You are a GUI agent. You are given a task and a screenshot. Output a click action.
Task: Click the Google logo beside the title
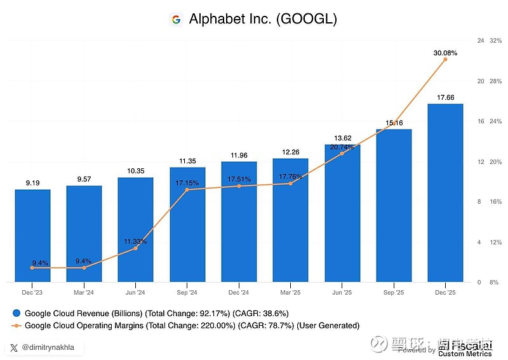[x=176, y=20]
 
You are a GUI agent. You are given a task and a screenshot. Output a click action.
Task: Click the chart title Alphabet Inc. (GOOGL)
[x=263, y=20]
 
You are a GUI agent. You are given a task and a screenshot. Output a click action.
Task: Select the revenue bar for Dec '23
[x=32, y=235]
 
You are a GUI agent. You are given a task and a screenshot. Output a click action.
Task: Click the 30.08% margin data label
[x=445, y=53]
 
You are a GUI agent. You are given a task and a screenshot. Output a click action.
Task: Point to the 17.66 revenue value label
[x=445, y=97]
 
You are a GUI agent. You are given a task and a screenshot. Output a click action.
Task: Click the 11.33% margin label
[x=135, y=241]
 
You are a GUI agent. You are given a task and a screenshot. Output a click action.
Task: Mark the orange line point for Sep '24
[x=187, y=190]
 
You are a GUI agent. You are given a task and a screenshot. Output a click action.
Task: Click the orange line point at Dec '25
[x=445, y=59]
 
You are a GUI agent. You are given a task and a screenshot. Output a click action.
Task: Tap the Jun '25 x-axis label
[x=342, y=293]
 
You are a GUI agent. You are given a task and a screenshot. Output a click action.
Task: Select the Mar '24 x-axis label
[x=84, y=293]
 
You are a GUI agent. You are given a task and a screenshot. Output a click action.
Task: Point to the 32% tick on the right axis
[x=496, y=41]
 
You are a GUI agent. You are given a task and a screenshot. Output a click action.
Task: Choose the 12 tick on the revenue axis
[x=481, y=162]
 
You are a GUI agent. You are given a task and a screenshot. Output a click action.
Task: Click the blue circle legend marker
[x=17, y=313]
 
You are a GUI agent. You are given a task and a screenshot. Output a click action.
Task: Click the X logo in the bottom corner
[x=15, y=347]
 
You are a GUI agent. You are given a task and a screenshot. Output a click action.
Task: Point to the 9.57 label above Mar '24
[x=84, y=179]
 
